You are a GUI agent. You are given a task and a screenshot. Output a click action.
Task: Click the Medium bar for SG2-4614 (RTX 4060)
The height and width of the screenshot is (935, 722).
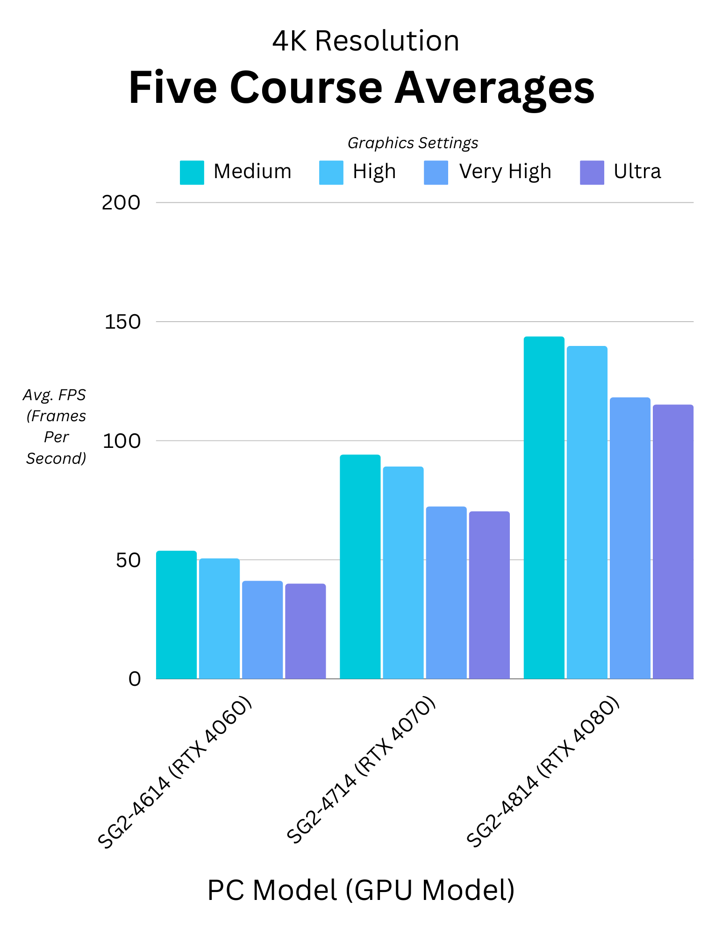176,614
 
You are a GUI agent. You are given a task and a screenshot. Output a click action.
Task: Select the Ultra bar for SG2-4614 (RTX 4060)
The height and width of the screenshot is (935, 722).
305,631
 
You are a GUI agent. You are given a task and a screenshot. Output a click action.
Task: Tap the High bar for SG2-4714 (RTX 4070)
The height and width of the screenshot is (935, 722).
403,572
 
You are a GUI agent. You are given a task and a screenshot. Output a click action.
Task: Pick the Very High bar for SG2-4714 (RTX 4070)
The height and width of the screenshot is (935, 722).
446,592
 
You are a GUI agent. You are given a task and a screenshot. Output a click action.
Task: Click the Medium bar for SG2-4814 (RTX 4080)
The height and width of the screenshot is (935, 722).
544,507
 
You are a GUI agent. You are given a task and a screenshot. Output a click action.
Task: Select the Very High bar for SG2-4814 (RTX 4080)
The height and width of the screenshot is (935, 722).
630,538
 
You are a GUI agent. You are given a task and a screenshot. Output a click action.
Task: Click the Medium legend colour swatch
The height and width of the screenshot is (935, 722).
192,173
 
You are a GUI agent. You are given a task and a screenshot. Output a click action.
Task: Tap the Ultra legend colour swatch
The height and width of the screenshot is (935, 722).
592,173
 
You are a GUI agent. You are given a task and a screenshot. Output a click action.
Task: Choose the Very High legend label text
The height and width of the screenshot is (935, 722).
505,172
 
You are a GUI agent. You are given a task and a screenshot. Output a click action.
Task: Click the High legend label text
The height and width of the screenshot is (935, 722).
374,172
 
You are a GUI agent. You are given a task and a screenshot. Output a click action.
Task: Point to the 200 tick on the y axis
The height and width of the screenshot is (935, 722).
121,203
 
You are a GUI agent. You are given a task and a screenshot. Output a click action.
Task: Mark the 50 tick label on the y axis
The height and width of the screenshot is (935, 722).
128,560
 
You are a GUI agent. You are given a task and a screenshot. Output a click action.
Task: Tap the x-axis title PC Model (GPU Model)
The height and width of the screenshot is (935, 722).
361,890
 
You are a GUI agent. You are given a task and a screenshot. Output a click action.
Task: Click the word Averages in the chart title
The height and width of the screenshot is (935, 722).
494,88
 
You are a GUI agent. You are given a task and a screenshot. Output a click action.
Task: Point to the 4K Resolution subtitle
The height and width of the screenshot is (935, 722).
365,41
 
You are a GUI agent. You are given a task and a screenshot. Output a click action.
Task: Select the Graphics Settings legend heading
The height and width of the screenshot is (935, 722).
413,143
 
